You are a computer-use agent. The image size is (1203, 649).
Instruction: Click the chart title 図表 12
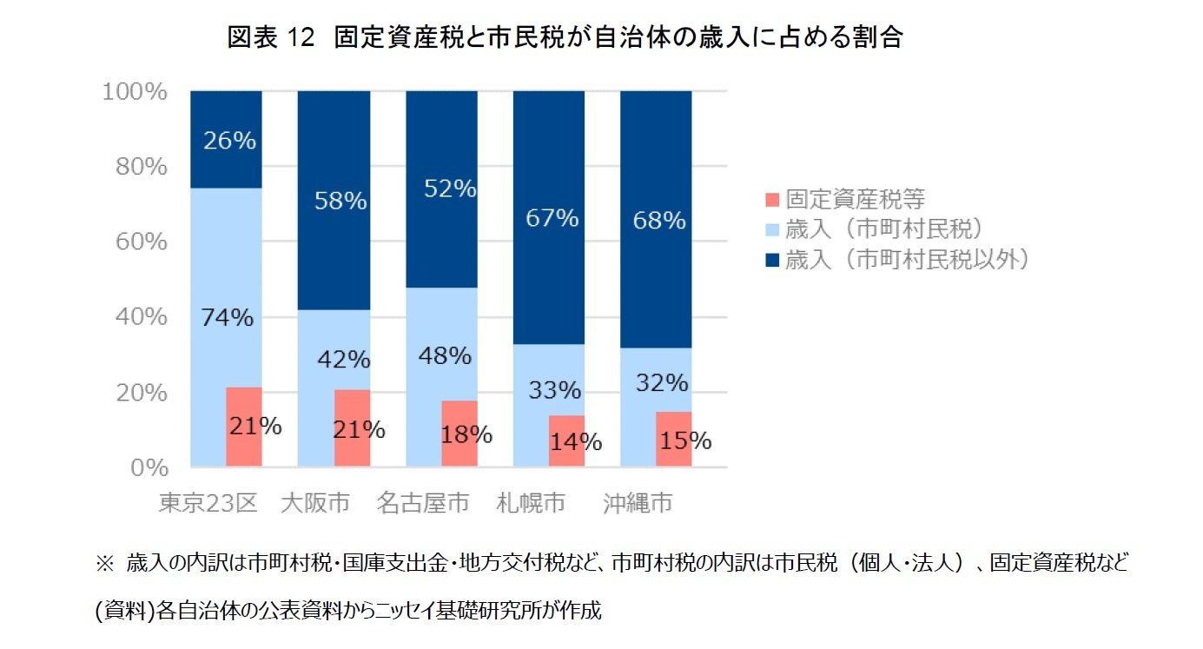565,37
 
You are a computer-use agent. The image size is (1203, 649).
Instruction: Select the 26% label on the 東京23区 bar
229,141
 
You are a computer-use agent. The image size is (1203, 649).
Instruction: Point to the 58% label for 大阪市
340,202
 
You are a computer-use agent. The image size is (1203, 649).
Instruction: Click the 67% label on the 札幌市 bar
552,218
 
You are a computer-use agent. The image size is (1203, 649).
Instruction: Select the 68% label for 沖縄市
659,221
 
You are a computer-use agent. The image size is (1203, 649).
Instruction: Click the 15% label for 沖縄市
684,440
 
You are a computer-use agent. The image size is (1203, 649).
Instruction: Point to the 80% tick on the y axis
142,166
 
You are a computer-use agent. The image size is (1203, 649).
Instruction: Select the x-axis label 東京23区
208,503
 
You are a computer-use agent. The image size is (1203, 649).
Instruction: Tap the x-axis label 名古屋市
424,503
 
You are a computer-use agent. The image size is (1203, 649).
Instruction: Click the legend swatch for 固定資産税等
770,199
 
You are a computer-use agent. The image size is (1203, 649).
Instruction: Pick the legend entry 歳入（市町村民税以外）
908,259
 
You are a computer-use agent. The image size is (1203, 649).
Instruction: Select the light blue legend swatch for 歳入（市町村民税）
770,229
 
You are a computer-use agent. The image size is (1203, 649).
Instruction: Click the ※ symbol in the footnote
103,563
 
